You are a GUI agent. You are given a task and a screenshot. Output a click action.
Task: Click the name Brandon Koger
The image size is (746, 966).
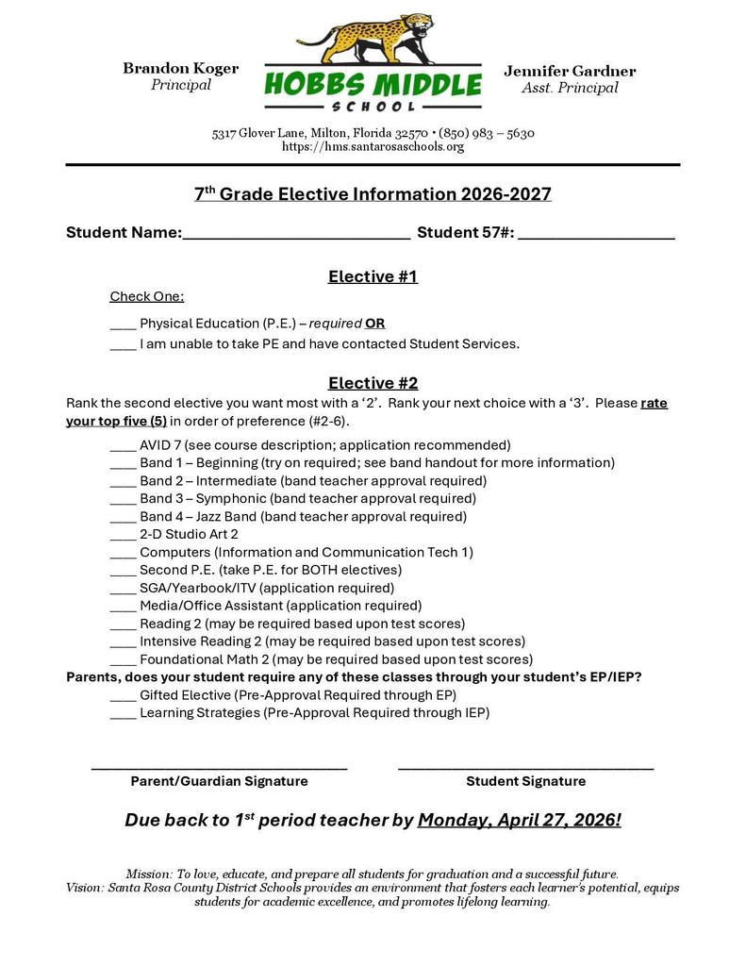(180, 69)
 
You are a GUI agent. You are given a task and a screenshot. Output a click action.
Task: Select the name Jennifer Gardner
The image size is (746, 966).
(570, 72)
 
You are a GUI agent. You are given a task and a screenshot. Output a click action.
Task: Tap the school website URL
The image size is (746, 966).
(373, 147)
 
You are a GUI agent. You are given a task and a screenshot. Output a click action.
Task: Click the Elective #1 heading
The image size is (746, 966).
(373, 276)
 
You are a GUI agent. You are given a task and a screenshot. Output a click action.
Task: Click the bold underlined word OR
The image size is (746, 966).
(374, 324)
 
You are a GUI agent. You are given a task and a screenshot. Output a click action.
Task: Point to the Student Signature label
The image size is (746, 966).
(525, 781)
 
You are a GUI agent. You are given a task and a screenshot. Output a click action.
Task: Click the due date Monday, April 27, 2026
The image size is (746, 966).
(519, 821)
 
